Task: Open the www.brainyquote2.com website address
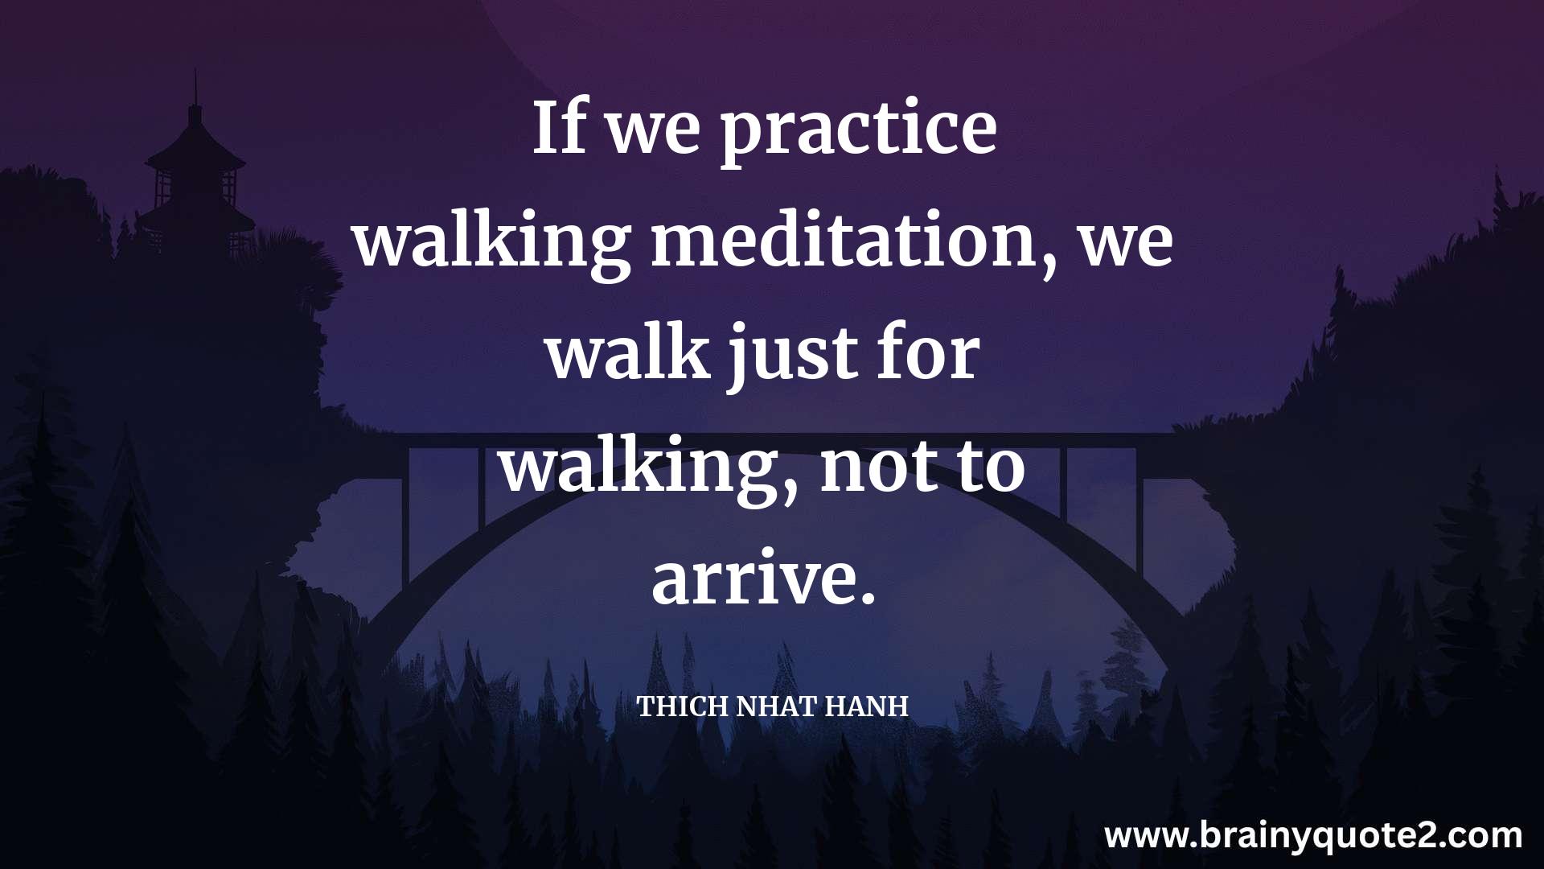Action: (1313, 836)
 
